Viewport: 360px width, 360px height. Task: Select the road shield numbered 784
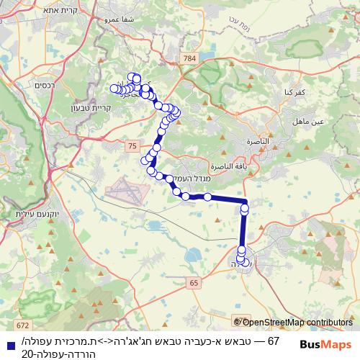(189, 57)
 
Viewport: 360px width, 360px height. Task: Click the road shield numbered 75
(131, 146)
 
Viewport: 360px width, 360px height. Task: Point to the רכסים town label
(44, 85)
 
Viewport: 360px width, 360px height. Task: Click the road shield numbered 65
(194, 284)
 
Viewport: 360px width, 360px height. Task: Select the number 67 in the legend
(272, 340)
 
